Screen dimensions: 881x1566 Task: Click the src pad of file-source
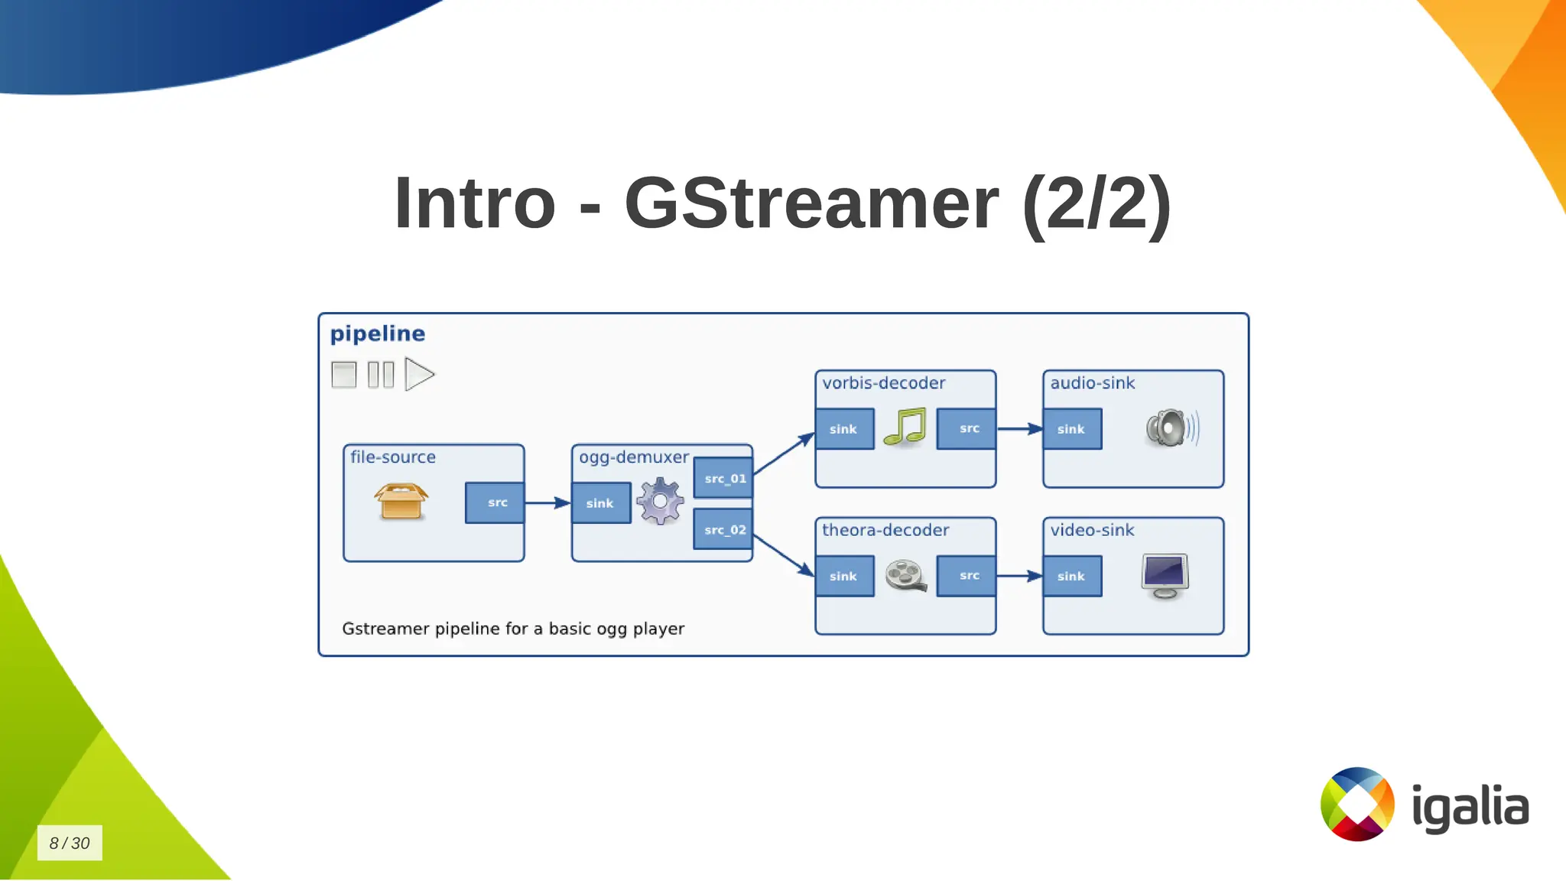[495, 502]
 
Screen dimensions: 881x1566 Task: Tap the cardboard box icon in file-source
[401, 502]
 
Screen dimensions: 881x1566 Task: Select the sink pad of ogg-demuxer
[601, 503]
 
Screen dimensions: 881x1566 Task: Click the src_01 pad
[723, 478]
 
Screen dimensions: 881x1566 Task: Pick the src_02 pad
[723, 529]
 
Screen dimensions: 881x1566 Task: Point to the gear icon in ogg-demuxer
[660, 501]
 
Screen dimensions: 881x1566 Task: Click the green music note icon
[905, 427]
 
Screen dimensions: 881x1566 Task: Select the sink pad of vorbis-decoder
[844, 429]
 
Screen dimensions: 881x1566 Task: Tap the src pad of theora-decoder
[967, 575]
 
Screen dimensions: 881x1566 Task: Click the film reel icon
[906, 576]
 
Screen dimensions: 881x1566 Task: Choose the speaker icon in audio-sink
[1171, 427]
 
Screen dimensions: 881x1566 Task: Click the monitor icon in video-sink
[1165, 576]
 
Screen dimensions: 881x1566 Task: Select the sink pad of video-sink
[1072, 576]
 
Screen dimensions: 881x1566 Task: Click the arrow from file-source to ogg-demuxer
[547, 502]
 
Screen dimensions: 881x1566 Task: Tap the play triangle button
[418, 375]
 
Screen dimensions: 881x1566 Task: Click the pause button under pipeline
[381, 375]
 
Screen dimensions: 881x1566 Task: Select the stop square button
[344, 375]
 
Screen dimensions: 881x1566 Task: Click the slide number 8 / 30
[70, 843]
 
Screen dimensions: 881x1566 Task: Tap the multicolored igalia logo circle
[1357, 804]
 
